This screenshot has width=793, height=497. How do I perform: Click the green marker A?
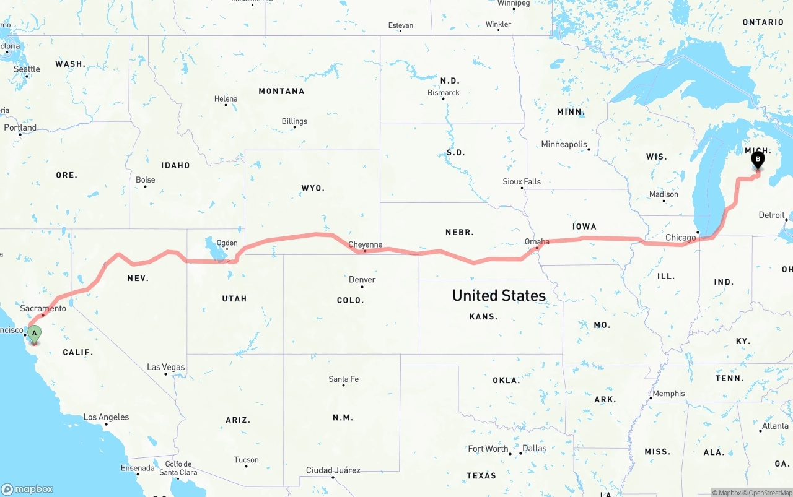pyautogui.click(x=35, y=334)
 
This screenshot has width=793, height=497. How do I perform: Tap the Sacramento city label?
pyautogui.click(x=43, y=308)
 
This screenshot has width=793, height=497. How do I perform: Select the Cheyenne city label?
pyautogui.click(x=366, y=244)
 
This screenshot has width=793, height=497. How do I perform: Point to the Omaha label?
pyautogui.click(x=537, y=241)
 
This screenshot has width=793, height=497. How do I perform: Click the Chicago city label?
pyautogui.click(x=680, y=238)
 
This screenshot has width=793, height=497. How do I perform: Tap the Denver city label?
pyautogui.click(x=362, y=280)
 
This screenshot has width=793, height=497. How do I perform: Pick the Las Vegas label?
pyautogui.click(x=165, y=367)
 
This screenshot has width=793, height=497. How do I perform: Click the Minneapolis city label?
pyautogui.click(x=564, y=144)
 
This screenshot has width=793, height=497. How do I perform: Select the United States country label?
pyautogui.click(x=499, y=295)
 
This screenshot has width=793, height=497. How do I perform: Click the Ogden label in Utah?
pyautogui.click(x=227, y=243)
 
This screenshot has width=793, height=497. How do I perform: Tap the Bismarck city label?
pyautogui.click(x=444, y=93)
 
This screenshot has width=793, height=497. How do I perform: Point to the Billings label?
pyautogui.click(x=294, y=121)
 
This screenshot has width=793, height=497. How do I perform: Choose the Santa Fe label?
pyautogui.click(x=343, y=379)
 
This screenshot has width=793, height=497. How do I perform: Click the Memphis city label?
pyautogui.click(x=668, y=393)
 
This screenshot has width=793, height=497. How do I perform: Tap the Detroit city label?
pyautogui.click(x=771, y=215)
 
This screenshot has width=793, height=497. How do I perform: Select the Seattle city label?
pyautogui.click(x=27, y=69)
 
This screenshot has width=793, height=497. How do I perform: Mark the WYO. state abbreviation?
pyautogui.click(x=313, y=188)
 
